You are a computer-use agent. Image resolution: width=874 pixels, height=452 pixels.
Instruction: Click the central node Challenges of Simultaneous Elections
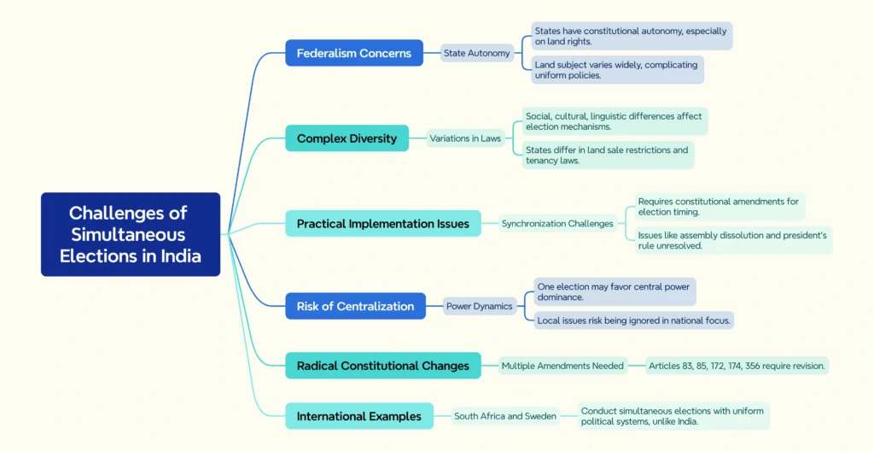pyautogui.click(x=131, y=234)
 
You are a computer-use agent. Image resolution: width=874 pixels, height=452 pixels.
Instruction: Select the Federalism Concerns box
pyautogui.click(x=354, y=53)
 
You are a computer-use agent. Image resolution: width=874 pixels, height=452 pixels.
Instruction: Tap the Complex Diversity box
pyautogui.click(x=347, y=138)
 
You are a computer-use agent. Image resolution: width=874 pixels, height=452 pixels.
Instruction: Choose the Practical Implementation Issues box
pyautogui.click(x=383, y=224)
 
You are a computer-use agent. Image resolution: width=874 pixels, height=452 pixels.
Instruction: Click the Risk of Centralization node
pyautogui.click(x=355, y=306)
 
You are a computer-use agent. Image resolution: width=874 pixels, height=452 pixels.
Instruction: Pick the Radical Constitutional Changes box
pyautogui.click(x=383, y=366)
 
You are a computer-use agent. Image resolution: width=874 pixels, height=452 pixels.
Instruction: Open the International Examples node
pyautogui.click(x=359, y=416)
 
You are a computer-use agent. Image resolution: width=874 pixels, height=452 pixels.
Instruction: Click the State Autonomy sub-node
pyautogui.click(x=476, y=53)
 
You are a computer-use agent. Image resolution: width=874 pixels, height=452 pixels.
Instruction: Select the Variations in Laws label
pyautogui.click(x=465, y=138)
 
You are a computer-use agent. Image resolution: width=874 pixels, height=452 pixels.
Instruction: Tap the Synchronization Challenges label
pyautogui.click(x=557, y=224)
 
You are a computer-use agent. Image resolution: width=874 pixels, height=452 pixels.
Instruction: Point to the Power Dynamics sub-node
pyautogui.click(x=479, y=306)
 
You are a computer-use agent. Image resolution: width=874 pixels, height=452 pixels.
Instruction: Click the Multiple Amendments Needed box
pyautogui.click(x=562, y=366)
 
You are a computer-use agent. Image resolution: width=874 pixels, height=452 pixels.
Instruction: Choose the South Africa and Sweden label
pyautogui.click(x=505, y=416)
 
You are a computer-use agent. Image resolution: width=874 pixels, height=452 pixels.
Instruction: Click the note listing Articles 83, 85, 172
pyautogui.click(x=737, y=366)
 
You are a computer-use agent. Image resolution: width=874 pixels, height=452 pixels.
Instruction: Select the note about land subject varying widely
pyautogui.click(x=616, y=70)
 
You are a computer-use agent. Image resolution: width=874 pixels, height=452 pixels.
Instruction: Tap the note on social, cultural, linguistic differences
pyautogui.click(x=615, y=121)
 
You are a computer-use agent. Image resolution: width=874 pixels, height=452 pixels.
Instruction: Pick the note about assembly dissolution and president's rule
pyautogui.click(x=732, y=240)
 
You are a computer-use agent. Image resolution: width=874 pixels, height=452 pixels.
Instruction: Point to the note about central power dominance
pyautogui.click(x=614, y=292)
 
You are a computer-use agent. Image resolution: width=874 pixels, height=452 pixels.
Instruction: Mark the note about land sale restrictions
pyautogui.click(x=608, y=155)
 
